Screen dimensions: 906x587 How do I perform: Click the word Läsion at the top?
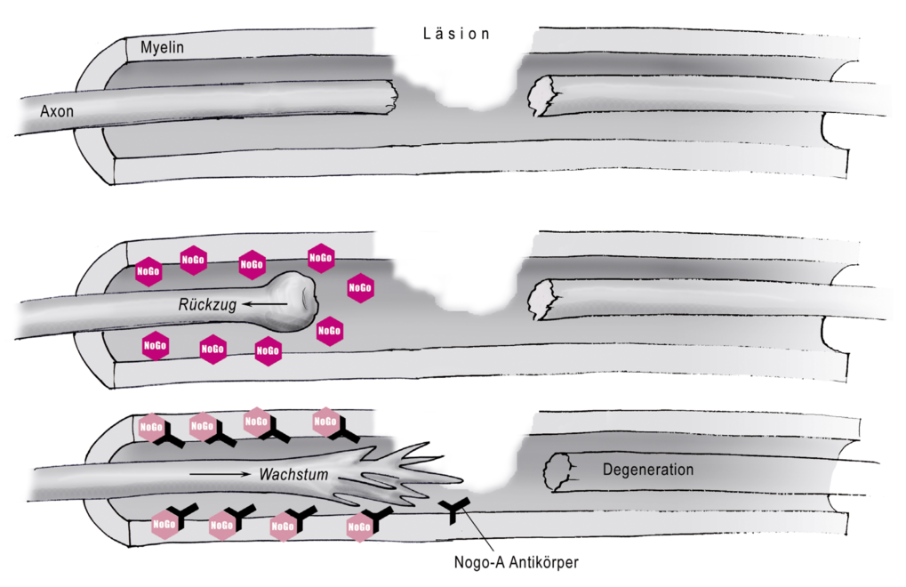[x=456, y=34]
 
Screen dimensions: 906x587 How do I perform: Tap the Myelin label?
[x=162, y=47]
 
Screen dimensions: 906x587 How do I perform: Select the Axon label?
[x=57, y=111]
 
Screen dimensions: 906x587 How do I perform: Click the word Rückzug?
[x=207, y=304]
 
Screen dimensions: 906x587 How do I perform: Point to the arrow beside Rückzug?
[x=265, y=304]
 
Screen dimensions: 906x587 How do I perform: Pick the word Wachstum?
[x=293, y=474]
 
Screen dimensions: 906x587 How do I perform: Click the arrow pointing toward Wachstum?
[x=220, y=474]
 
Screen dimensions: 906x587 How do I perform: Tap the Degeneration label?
[x=648, y=469]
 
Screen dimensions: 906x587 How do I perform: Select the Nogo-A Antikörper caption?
[x=516, y=561]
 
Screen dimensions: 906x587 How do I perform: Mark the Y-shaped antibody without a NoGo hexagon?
[x=454, y=509]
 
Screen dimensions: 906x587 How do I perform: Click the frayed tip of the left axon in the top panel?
[x=393, y=96]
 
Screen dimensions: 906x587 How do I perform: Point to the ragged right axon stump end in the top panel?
[x=541, y=96]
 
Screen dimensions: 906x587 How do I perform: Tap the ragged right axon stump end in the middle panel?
[x=541, y=299]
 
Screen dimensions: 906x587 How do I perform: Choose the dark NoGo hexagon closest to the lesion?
[x=360, y=288]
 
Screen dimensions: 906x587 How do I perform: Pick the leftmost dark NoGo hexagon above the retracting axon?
[x=148, y=271]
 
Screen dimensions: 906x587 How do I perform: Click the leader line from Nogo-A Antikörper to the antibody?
[x=476, y=530]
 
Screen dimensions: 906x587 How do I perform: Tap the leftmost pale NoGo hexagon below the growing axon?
[x=164, y=525]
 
